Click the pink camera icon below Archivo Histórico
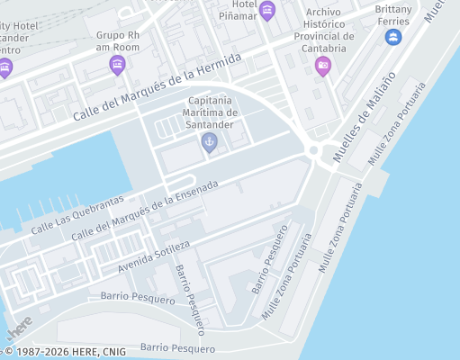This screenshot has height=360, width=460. [322, 65]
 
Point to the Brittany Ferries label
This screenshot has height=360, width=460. [392, 14]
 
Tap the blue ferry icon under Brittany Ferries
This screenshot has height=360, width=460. [392, 37]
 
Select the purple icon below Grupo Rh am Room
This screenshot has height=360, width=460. [116, 65]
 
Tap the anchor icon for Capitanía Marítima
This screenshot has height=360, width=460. [210, 141]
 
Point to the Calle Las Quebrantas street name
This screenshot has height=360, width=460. [76, 215]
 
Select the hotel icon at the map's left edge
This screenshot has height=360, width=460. [5, 67]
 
